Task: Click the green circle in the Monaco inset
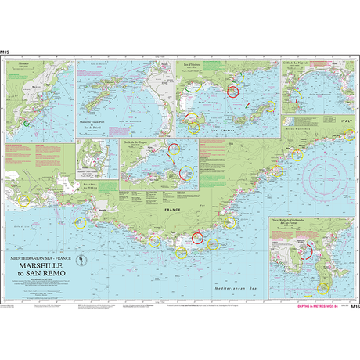click(x=27, y=123)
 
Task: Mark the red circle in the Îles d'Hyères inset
click(x=232, y=92)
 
